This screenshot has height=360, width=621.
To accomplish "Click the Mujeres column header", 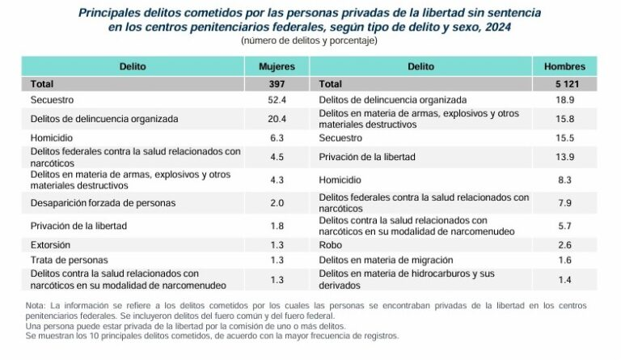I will [276, 66].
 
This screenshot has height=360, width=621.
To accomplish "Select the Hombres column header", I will [564, 66].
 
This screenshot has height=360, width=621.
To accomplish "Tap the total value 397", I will [276, 84].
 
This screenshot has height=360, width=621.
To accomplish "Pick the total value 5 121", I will [564, 84].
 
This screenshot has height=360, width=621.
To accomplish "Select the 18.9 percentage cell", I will [564, 100].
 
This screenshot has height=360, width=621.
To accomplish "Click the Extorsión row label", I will [50, 244].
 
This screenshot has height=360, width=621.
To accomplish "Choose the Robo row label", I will [332, 244].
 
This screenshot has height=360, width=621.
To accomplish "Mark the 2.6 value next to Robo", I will [564, 244].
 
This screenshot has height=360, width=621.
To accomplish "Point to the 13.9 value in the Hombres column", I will [564, 157].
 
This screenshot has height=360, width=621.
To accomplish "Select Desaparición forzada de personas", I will [103, 202].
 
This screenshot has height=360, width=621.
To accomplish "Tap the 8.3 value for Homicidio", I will [564, 179].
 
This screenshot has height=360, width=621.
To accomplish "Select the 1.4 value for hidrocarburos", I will [564, 279].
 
